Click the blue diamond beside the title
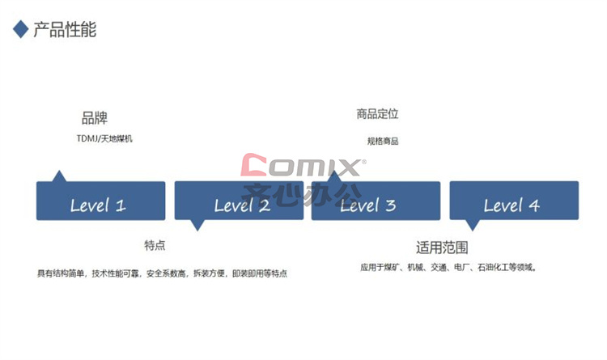click(x=21, y=29)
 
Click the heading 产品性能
click(x=65, y=29)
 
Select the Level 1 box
click(x=100, y=201)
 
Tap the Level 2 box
click(x=239, y=201)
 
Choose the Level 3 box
click(x=376, y=201)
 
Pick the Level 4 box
click(x=514, y=201)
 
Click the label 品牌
click(x=95, y=117)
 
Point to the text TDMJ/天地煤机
click(x=104, y=138)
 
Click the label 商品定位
click(x=377, y=114)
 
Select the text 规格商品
click(x=383, y=142)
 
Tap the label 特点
click(x=155, y=245)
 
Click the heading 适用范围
click(x=442, y=248)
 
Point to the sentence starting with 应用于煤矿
click(x=448, y=267)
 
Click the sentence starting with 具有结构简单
click(x=162, y=273)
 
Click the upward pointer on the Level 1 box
click(x=59, y=176)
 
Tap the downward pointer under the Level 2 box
click(x=197, y=225)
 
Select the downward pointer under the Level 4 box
click(x=473, y=225)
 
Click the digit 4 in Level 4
click(x=534, y=205)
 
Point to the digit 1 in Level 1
click(x=121, y=205)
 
